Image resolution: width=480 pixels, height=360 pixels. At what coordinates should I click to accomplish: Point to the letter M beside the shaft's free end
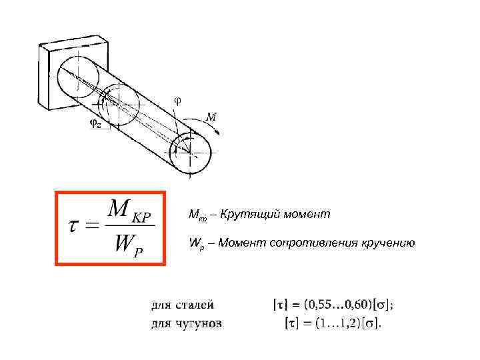click(x=210, y=117)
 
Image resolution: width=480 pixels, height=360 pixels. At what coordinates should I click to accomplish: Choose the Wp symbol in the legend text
click(x=196, y=244)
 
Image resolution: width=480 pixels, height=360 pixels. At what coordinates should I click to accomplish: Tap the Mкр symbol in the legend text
click(x=198, y=216)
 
